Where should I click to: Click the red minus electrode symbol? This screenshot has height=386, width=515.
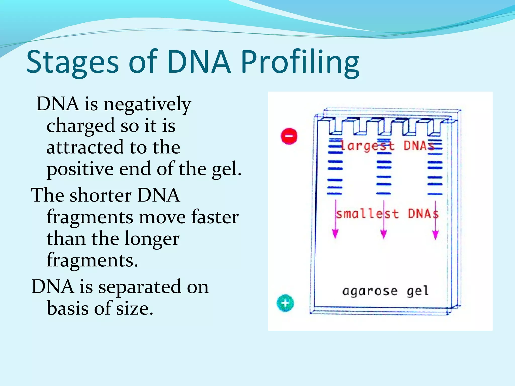[x=289, y=136]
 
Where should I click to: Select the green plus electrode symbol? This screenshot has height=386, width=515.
[x=285, y=303]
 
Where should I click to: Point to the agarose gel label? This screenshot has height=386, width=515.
[x=385, y=291]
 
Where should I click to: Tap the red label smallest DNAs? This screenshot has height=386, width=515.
[x=387, y=214]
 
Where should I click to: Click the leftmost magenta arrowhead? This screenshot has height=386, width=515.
[x=335, y=234]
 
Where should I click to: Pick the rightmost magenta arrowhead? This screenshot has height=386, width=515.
[x=436, y=235]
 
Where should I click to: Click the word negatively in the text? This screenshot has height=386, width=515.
[x=147, y=104]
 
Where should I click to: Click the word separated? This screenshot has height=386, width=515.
[x=140, y=287]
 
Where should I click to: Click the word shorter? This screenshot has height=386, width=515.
[x=101, y=195]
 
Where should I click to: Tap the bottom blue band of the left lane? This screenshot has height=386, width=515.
[x=335, y=194]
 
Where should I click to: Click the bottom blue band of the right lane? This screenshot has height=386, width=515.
[x=435, y=194]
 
